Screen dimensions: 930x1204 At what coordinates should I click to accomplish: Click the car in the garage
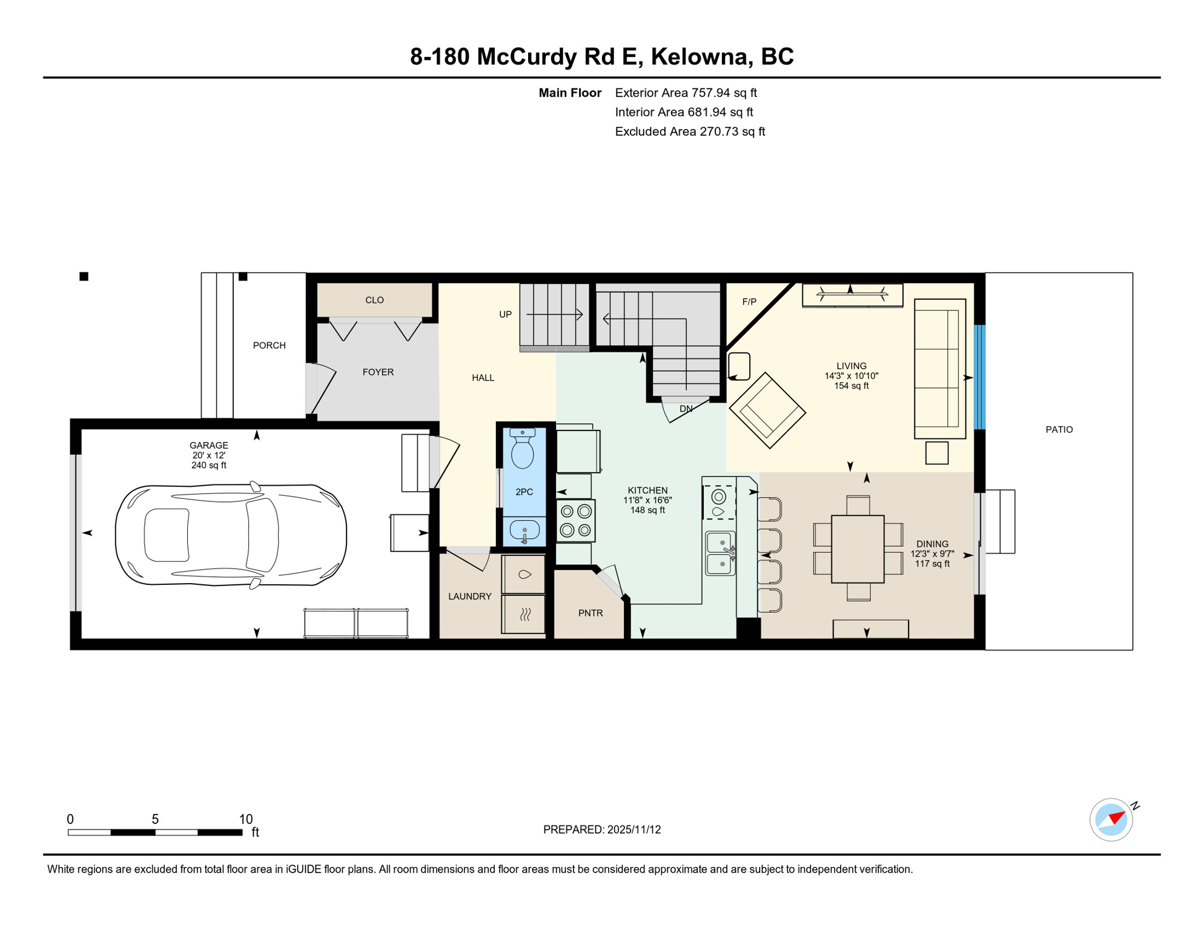(x=231, y=535)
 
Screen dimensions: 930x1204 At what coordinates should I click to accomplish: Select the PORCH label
(x=269, y=346)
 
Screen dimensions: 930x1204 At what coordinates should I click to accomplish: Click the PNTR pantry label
(x=590, y=613)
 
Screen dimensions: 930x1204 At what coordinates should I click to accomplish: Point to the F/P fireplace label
(x=749, y=302)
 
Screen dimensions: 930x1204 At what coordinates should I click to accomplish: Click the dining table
(x=858, y=549)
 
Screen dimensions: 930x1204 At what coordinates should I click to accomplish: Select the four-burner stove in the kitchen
(x=575, y=521)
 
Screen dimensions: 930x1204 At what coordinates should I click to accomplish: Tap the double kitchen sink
(x=720, y=553)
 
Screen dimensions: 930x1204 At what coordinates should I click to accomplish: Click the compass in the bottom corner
(x=1111, y=820)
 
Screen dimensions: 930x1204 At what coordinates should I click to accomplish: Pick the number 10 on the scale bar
(x=245, y=819)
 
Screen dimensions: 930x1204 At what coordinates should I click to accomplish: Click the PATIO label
(x=1059, y=430)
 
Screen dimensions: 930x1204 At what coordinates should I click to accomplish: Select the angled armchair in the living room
(x=767, y=411)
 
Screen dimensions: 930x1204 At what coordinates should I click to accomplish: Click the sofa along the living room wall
(x=939, y=369)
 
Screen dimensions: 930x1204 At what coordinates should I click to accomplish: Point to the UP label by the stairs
(x=505, y=315)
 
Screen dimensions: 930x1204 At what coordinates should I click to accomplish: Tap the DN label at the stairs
(x=686, y=409)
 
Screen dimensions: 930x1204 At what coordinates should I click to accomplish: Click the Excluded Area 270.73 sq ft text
(x=690, y=132)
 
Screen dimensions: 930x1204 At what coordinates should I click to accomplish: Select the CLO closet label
(x=374, y=300)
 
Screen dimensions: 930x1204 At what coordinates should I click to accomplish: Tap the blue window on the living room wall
(x=979, y=377)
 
